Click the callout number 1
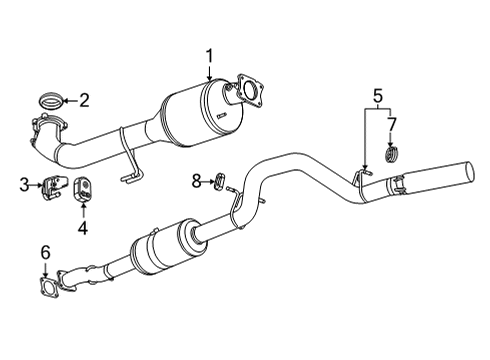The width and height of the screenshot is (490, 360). [209, 56]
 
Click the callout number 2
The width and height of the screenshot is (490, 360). [84, 99]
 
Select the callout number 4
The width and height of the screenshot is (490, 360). [83, 227]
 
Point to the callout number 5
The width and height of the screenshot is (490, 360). [377, 97]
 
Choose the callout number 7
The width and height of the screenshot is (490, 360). [392, 123]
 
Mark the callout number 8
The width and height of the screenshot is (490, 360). [197, 180]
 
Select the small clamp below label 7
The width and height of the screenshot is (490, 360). [392, 153]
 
